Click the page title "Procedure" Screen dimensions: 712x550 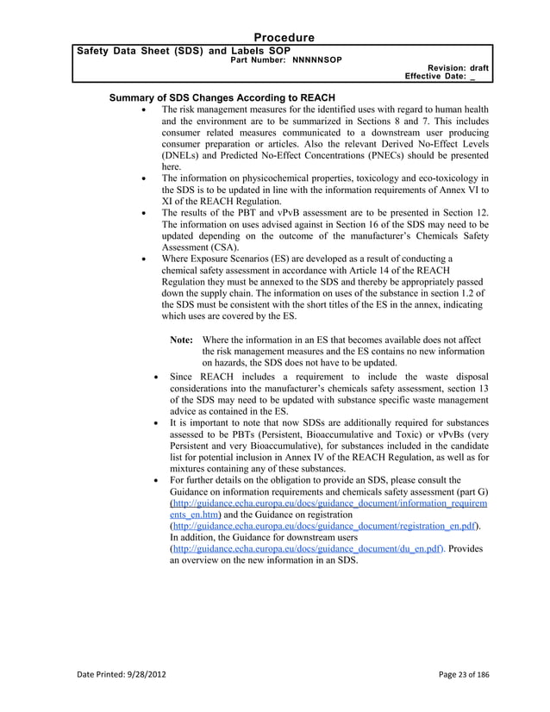[284, 37]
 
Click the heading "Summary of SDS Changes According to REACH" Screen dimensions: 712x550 [222, 97]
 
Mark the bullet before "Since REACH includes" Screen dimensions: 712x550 [154, 377]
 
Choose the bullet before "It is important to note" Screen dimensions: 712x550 [154, 422]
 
